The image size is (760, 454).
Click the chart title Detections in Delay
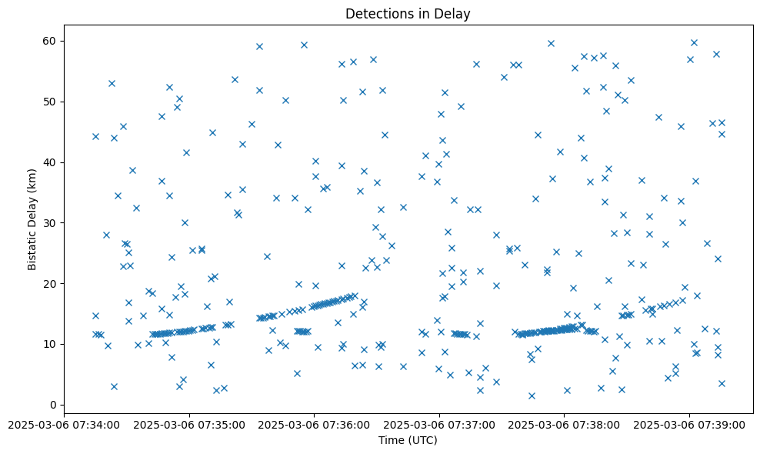coord(408,14)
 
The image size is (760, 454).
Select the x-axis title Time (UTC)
coord(408,440)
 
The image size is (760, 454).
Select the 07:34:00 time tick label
coord(64,424)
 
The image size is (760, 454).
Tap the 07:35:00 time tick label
coord(188,424)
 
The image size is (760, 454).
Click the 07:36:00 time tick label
coord(314,424)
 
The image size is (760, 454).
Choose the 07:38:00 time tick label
coord(564,424)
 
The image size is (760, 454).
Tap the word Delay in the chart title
coord(455,14)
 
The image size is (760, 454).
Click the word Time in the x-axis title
coord(391,440)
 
